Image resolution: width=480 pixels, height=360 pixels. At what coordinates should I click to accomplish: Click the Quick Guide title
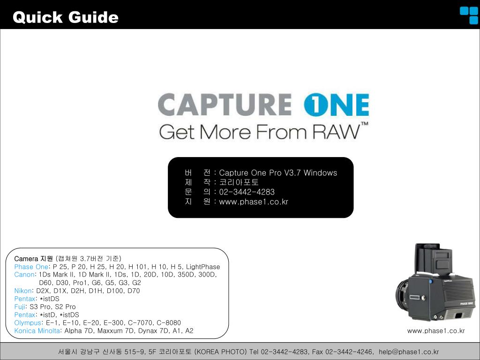(66, 17)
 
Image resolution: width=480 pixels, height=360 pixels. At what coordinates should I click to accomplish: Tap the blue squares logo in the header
(468, 15)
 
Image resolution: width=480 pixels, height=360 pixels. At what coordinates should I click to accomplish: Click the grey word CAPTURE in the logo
(224, 105)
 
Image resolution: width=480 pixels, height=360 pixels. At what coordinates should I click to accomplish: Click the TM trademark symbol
(364, 125)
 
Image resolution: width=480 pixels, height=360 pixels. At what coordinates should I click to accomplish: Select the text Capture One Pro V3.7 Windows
(278, 173)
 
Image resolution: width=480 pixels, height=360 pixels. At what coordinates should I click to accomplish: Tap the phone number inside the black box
(247, 192)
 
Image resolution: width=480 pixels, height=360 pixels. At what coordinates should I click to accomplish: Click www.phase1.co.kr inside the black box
(254, 202)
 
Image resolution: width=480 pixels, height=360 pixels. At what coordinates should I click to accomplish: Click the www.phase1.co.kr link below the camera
(436, 331)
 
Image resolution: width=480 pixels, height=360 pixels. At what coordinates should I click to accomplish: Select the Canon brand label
(24, 275)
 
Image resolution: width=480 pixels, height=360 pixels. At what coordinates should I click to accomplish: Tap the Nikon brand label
(22, 291)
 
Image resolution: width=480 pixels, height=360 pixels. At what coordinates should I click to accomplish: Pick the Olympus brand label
(28, 322)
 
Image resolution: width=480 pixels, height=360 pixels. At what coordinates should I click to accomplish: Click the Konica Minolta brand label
(37, 330)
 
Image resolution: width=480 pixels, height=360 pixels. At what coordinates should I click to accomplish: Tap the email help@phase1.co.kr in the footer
(409, 352)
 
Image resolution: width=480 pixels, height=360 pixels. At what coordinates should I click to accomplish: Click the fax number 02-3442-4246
(348, 352)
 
